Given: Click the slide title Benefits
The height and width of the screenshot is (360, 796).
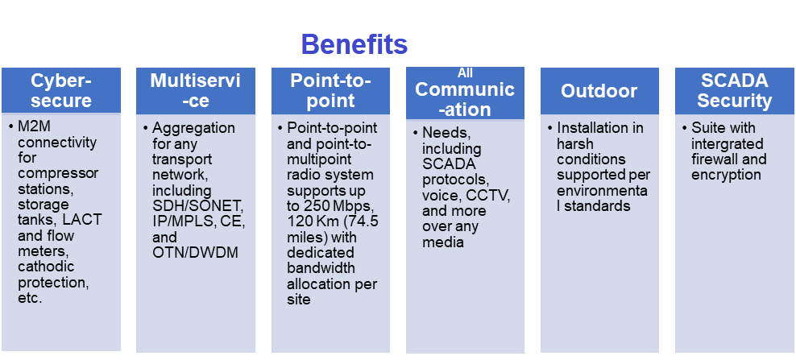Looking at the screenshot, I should (354, 43).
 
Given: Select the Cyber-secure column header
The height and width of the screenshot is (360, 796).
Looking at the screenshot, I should (61, 90).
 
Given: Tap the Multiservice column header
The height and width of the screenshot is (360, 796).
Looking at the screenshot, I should (196, 90).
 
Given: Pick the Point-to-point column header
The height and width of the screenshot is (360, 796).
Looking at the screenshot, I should (330, 90).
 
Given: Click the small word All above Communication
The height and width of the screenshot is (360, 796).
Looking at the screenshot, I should (465, 73).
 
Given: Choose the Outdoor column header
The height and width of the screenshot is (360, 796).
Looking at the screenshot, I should (599, 90).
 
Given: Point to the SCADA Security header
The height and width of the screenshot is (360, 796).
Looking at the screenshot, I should (734, 90).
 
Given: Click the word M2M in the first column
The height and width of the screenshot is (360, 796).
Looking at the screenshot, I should (34, 128).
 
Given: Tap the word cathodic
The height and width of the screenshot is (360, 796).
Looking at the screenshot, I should (45, 267).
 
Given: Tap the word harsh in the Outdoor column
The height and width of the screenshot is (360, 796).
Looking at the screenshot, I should (574, 143).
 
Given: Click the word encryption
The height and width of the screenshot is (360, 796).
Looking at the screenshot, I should (726, 175).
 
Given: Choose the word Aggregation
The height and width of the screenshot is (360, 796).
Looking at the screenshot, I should (193, 128).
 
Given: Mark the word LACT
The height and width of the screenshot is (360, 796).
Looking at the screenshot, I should (83, 221).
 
